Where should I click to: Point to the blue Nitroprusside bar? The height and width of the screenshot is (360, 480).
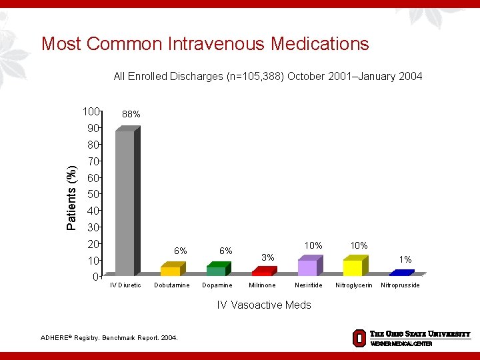[401, 273]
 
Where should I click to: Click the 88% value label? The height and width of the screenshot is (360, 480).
[131, 115]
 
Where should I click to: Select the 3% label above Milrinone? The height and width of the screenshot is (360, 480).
[268, 257]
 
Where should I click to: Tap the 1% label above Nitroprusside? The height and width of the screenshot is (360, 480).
[405, 259]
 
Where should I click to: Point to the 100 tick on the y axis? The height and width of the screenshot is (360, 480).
[91, 111]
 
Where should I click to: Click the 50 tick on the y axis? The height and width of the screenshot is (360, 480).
[93, 194]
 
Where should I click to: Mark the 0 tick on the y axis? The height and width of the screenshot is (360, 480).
[96, 277]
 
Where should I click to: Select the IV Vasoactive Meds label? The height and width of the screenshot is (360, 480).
[264, 305]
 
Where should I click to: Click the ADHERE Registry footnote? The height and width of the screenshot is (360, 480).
[109, 338]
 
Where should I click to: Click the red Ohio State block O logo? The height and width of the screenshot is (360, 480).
[359, 338]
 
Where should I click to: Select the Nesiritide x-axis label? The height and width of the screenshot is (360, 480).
[308, 285]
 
